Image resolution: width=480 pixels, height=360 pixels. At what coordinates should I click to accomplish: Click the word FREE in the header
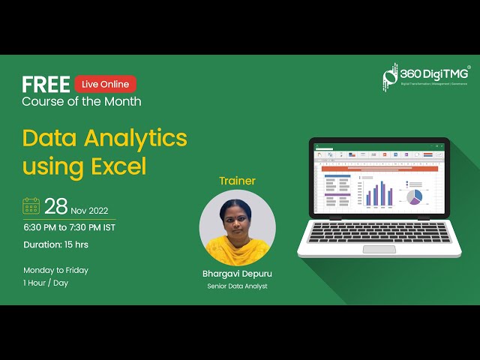tap(46, 84)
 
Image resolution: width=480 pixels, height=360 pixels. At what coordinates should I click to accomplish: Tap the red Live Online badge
tap(105, 84)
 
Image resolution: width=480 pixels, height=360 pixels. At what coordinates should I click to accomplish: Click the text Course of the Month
tap(81, 100)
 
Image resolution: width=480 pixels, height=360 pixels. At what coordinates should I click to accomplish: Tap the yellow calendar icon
tap(31, 205)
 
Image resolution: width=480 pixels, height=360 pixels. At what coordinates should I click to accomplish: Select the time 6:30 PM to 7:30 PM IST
tap(69, 227)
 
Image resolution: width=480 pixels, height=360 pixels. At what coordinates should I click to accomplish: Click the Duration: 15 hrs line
tap(57, 244)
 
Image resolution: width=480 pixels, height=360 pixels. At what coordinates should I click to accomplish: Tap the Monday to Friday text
tap(55, 270)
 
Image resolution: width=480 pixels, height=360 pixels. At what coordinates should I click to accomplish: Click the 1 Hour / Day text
tap(45, 283)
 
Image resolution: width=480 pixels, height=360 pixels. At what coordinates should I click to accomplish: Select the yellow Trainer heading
tap(237, 181)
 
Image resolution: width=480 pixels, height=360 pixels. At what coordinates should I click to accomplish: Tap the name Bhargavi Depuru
tap(237, 274)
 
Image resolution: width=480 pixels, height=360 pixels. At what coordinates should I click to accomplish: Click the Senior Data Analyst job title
tap(237, 286)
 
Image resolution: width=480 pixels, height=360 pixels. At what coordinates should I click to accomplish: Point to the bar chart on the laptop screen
tap(379, 194)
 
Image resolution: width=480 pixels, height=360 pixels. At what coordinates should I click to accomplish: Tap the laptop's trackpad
tap(379, 249)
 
